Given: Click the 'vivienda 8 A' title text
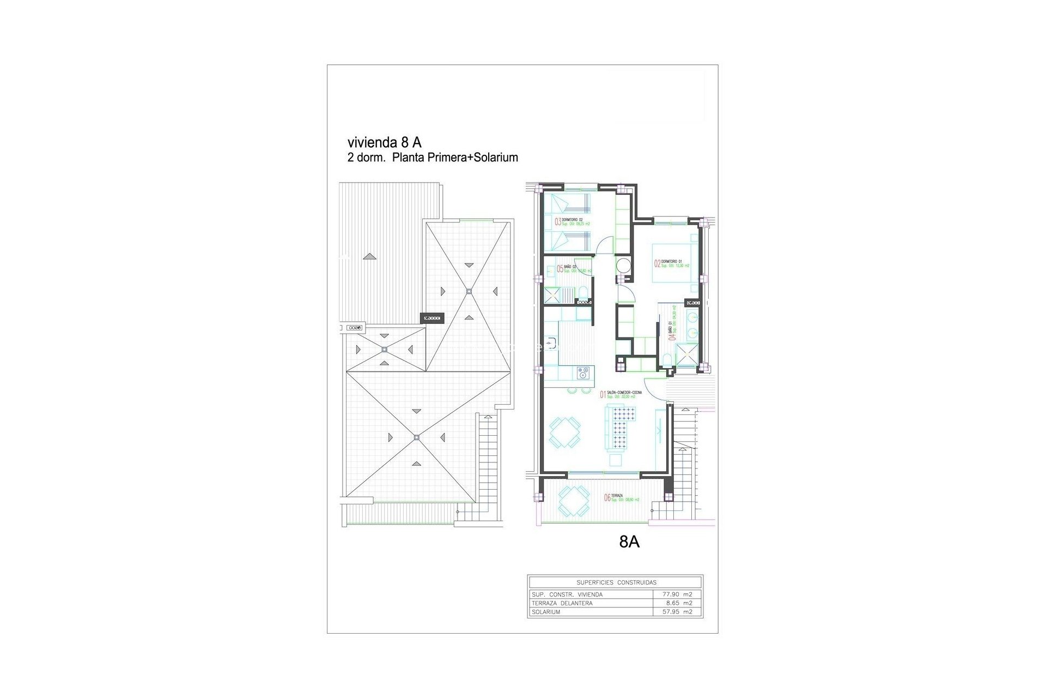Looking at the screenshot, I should pyautogui.click(x=384, y=142).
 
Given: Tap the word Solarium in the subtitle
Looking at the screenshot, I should pyautogui.click(x=495, y=158).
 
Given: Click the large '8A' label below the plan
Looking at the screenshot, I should pyautogui.click(x=629, y=541).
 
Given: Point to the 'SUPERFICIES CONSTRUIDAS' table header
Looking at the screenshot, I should pyautogui.click(x=616, y=582).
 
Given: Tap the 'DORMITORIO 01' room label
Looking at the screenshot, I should pyautogui.click(x=672, y=262).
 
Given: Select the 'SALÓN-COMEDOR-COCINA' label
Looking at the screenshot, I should pyautogui.click(x=624, y=393).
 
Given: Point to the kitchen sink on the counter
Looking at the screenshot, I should pyautogui.click(x=715, y=344).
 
